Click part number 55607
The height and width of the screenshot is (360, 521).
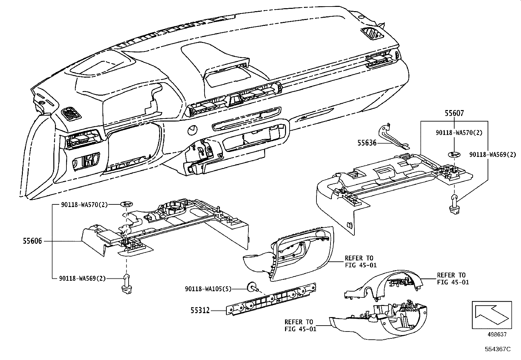point(454,113)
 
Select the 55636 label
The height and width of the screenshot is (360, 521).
point(367,143)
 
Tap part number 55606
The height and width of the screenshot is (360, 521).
point(32,241)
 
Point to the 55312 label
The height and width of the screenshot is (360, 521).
point(200,310)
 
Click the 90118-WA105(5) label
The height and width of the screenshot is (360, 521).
point(208,289)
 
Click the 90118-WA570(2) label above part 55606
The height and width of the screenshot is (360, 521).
point(84,204)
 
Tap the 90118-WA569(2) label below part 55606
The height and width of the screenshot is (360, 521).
point(82,278)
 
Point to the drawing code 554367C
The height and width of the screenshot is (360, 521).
point(497,349)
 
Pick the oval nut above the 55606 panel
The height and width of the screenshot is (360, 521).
point(126,204)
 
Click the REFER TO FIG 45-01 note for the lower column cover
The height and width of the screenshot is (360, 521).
point(300,325)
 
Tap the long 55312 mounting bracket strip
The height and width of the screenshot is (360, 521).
point(272,299)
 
